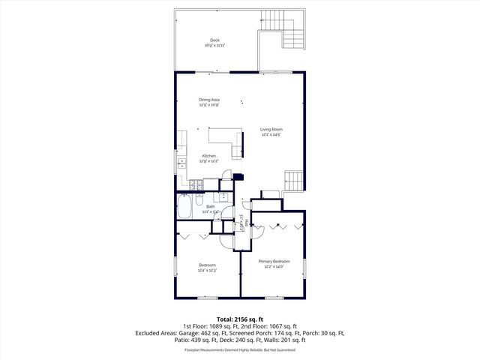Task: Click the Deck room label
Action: point(214,40)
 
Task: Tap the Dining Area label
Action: point(209,100)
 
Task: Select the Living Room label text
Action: point(271,130)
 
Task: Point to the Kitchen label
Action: point(208,156)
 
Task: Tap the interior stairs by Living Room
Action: point(293,181)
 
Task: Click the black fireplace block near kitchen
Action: point(238,178)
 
